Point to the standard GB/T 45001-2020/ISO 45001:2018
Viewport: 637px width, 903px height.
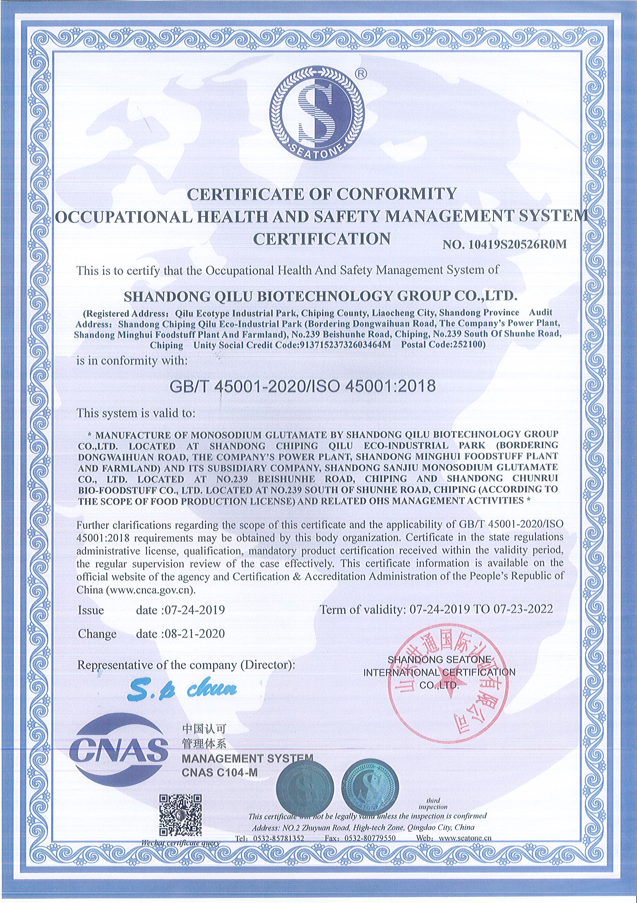[x=302, y=386]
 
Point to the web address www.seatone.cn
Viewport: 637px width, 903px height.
[x=462, y=849]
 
